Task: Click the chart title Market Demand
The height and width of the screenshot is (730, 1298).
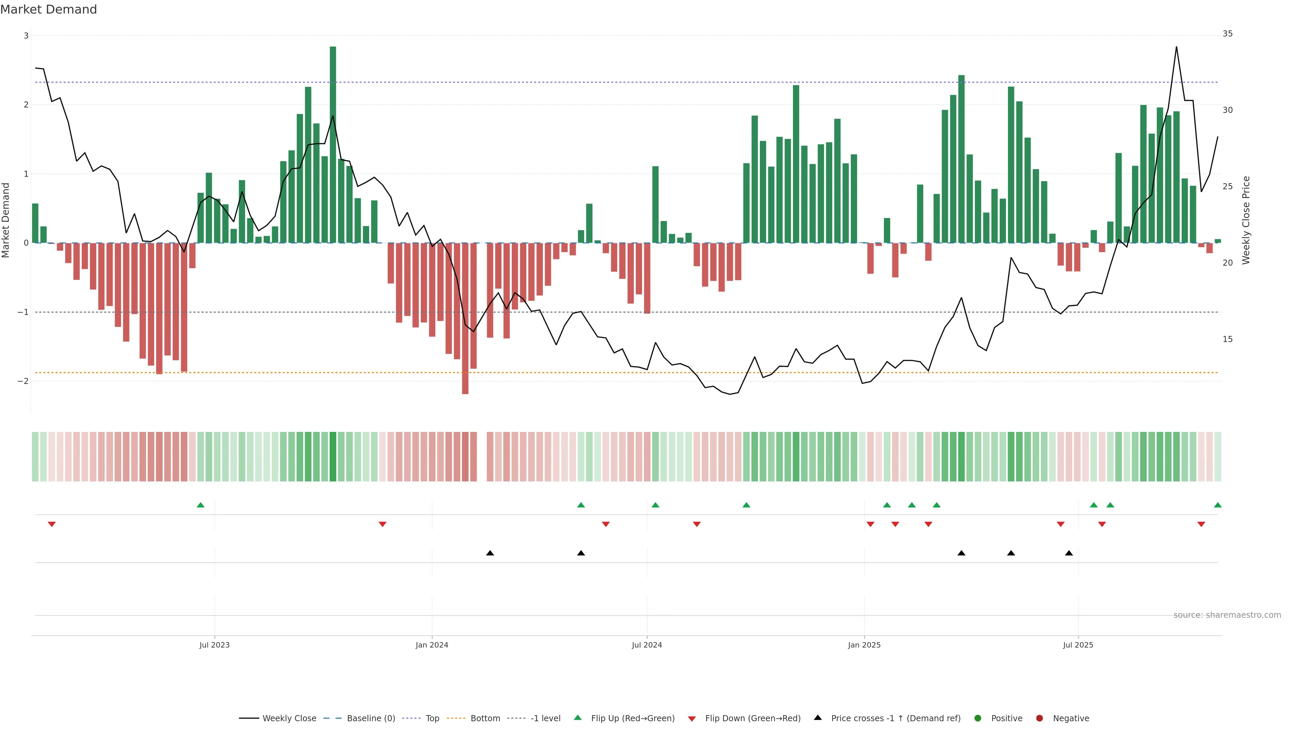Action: pos(48,9)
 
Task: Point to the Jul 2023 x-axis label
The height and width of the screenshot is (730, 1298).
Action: pos(214,645)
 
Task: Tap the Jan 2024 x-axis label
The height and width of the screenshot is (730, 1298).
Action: pos(432,645)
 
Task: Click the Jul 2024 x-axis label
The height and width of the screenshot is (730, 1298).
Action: pos(647,645)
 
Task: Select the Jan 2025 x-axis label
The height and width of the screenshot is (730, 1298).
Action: pos(864,645)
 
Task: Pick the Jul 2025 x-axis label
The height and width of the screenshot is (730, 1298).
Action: pos(1078,645)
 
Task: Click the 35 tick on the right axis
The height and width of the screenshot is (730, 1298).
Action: pos(1227,34)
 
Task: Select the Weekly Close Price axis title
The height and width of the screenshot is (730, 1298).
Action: pos(1246,220)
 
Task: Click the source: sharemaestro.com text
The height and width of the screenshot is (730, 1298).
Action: pos(1227,615)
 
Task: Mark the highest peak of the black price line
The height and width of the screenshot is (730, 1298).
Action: pos(1176,47)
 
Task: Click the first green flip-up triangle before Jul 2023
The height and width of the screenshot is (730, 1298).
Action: pos(200,505)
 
